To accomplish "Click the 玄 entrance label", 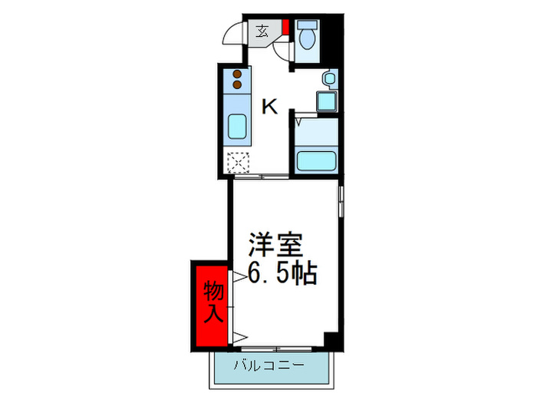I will click(262, 31).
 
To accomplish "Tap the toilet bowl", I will click(309, 38).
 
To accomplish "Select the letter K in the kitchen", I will click(269, 107).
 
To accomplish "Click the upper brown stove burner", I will click(236, 74).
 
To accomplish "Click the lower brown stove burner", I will click(236, 84).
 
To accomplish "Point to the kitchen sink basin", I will click(236, 126).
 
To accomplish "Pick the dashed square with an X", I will click(238, 163).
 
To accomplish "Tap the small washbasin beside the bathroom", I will click(328, 78).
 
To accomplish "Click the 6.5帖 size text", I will click(281, 272).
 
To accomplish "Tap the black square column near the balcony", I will click(331, 340).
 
